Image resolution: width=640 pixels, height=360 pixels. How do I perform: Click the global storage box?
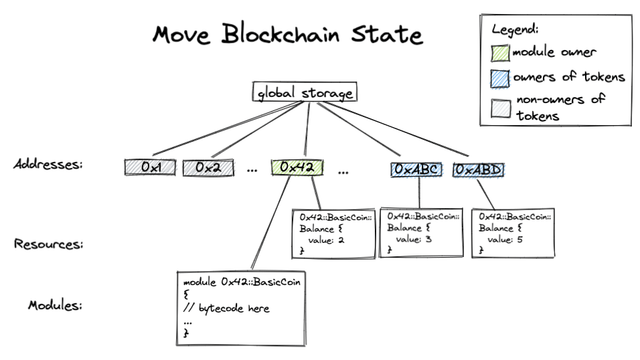(304, 94)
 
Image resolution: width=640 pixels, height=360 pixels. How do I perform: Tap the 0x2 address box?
(207, 168)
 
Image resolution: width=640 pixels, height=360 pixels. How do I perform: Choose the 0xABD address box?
(479, 169)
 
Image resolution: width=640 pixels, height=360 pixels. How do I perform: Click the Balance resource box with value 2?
(333, 233)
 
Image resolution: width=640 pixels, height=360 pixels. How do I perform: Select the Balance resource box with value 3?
(421, 233)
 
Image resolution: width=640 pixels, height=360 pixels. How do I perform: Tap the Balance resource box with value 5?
(511, 233)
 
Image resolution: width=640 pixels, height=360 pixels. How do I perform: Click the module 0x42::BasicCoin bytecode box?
(239, 305)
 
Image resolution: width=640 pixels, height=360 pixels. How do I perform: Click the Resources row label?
(48, 243)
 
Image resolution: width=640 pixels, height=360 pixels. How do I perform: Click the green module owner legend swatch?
(501, 52)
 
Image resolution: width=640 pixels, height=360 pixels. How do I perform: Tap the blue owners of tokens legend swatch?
(501, 77)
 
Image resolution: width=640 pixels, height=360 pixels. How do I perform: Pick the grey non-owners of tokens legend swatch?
(501, 102)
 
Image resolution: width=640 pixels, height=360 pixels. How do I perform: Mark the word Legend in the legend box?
(517, 29)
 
